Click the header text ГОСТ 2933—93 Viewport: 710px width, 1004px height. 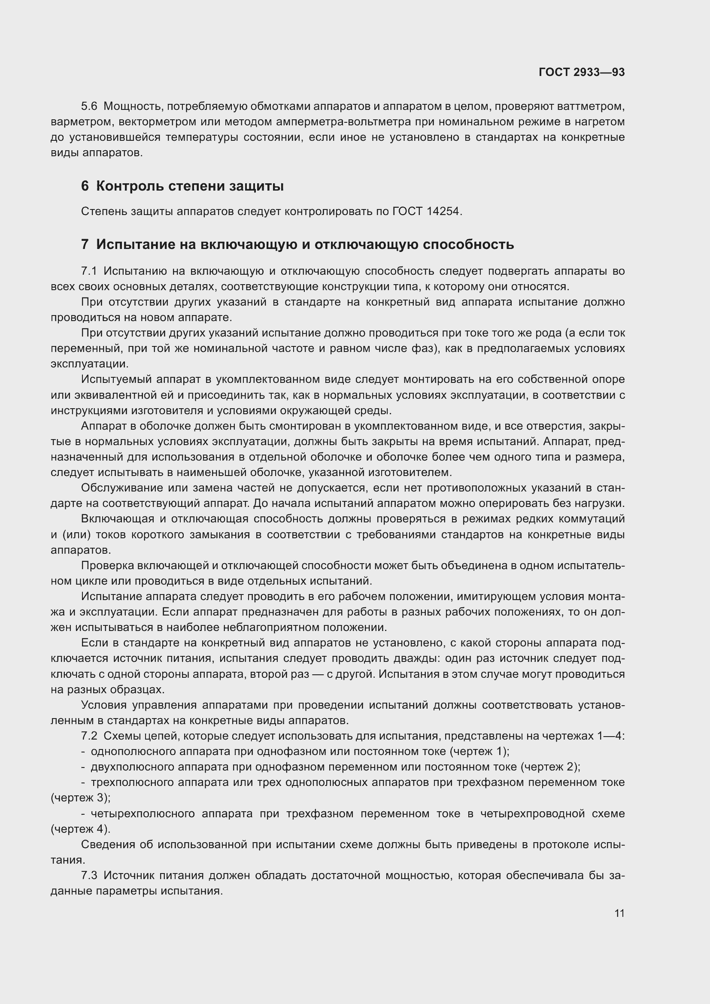coord(582,72)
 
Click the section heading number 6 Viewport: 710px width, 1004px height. coord(85,186)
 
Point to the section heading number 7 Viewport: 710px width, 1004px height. coord(85,244)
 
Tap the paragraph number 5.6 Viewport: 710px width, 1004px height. coord(89,106)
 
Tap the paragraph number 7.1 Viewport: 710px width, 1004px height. coord(89,271)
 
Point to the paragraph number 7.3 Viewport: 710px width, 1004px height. coord(89,875)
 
